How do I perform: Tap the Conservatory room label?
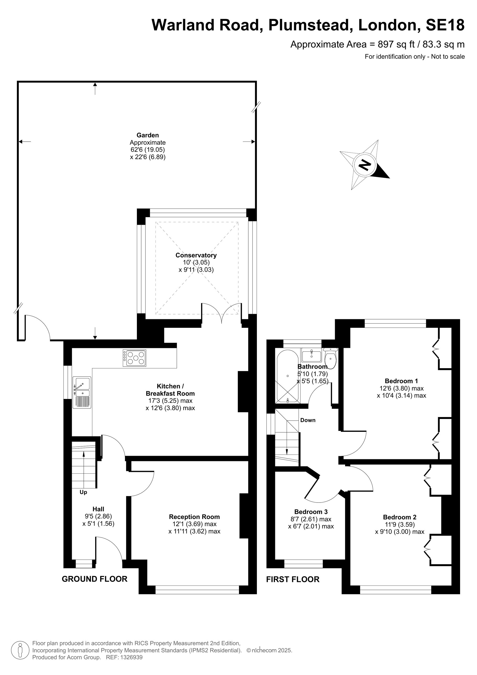point(196,255)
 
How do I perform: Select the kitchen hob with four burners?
point(134,358)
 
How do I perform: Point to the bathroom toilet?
point(331,358)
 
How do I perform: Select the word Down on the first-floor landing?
point(308,420)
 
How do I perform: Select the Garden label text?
point(148,135)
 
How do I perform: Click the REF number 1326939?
point(130,657)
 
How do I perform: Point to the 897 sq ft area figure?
point(396,44)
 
